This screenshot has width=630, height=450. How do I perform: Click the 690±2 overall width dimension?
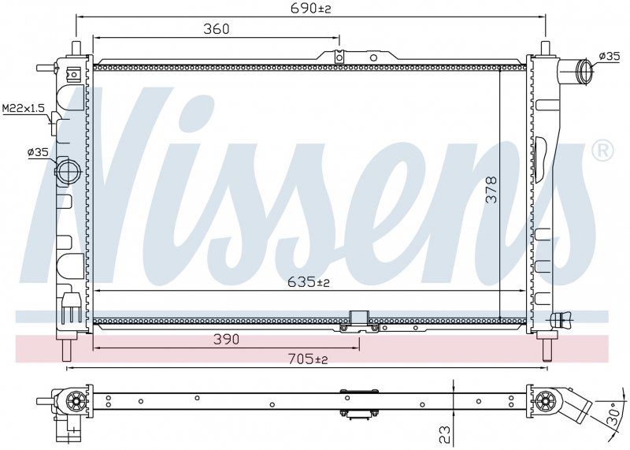point(310,8)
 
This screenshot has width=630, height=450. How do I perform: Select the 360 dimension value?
point(216,29)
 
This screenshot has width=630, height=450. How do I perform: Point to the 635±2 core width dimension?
point(309,282)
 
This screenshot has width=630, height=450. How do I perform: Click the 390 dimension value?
point(226,340)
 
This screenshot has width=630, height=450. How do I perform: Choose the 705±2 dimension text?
point(308,359)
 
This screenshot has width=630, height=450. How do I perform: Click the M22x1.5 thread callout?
point(24,108)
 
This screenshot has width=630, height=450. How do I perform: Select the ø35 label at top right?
point(610,56)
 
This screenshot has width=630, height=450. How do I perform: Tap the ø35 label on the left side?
point(38,152)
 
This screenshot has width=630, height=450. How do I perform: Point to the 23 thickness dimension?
point(445,434)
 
